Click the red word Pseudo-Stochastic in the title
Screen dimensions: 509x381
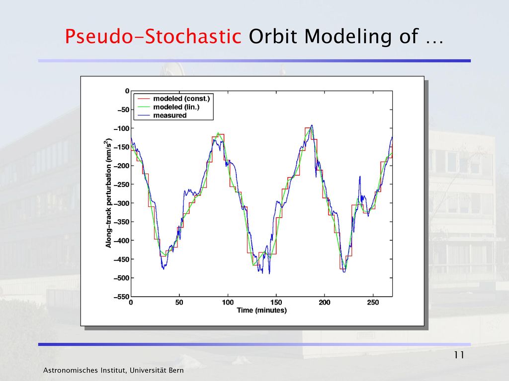point(153,37)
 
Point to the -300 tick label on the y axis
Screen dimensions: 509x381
point(121,203)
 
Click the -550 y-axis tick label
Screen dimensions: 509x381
point(121,297)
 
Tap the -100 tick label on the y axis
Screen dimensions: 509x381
point(121,128)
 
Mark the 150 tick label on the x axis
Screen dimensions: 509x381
point(276,303)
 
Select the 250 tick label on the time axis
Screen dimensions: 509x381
point(373,303)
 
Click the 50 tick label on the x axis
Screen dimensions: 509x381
point(179,303)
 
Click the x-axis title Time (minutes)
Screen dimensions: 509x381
point(261,311)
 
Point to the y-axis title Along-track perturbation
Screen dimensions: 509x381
point(108,193)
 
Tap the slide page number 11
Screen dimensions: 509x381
point(459,355)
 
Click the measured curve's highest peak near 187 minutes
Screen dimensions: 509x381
point(312,126)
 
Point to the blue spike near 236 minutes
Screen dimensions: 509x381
point(360,177)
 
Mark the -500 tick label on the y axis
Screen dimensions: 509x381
point(121,278)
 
